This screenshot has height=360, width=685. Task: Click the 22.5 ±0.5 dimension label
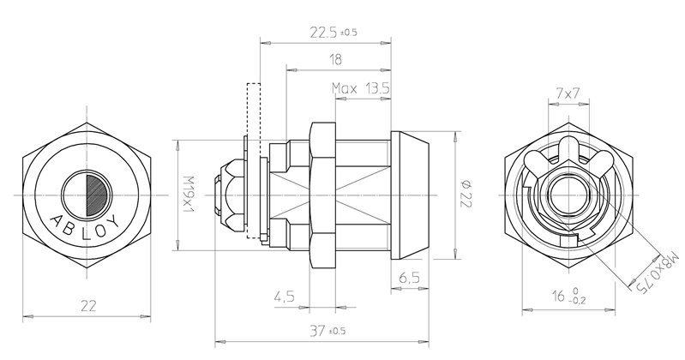pos(333,33)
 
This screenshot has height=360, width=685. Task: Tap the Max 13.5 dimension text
pos(361,88)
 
